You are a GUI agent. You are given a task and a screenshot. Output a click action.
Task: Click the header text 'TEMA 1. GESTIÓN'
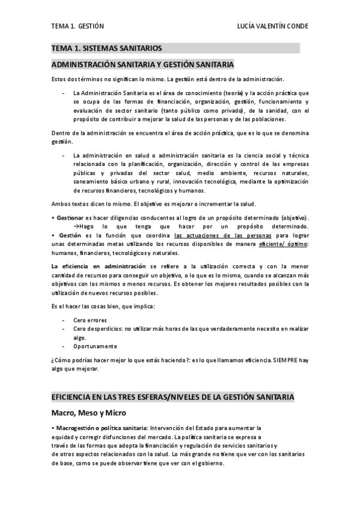78,26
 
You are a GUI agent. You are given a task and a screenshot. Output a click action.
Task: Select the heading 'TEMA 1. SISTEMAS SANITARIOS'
106,48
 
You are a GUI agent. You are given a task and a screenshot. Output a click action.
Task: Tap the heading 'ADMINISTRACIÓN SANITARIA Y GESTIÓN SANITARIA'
142,64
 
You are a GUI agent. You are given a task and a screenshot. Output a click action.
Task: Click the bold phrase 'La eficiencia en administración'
99,266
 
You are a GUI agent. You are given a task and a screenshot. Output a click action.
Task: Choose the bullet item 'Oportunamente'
95,346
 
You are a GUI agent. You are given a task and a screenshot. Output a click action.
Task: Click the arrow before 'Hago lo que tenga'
76,226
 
